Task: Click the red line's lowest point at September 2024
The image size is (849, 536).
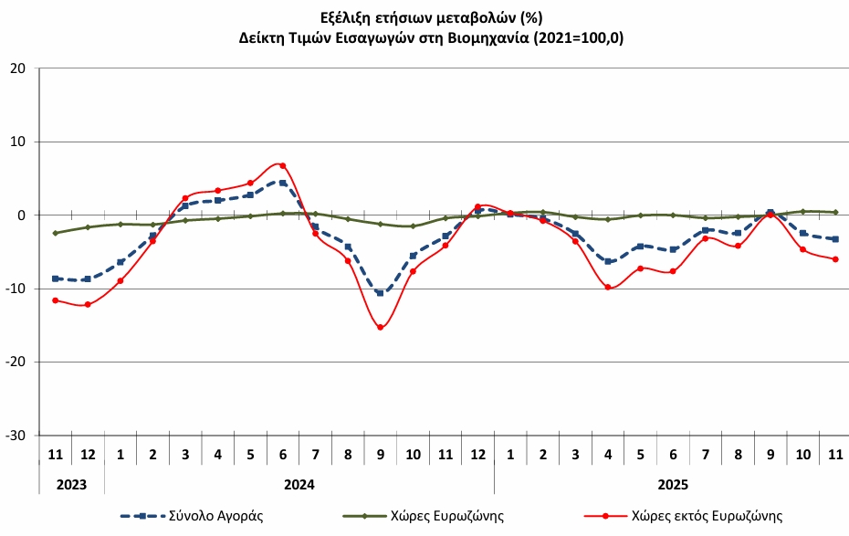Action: [380, 327]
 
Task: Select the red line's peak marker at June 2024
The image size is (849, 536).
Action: [283, 165]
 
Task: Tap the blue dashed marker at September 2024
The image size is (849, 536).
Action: [380, 293]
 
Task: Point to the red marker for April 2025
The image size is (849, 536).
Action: [608, 287]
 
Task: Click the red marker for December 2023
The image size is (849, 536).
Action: [88, 304]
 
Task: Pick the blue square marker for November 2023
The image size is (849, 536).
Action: [56, 279]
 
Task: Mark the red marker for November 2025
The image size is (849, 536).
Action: [835, 259]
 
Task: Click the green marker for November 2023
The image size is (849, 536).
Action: [56, 233]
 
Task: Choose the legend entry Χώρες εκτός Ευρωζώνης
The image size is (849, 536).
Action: [707, 516]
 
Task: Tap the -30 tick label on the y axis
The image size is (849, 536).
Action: [16, 436]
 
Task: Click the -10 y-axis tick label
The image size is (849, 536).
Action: [16, 289]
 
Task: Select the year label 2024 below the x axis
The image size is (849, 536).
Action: [299, 485]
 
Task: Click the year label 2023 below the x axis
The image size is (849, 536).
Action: [71, 485]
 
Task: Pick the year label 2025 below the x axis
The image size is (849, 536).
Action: [673, 485]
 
